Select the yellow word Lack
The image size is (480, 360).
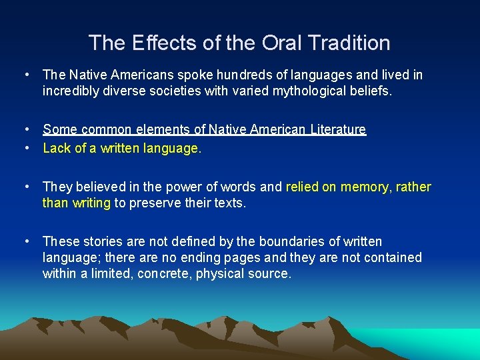tap(57, 149)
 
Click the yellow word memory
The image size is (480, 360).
tap(365, 187)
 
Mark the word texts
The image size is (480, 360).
tap(228, 202)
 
